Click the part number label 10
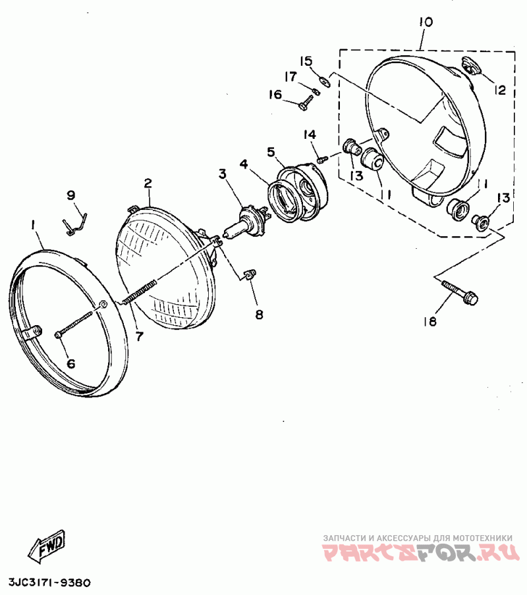click(425, 22)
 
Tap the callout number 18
click(430, 321)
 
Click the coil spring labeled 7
click(140, 292)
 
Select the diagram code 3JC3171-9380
click(50, 583)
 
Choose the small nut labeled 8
click(250, 274)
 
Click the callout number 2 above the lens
click(148, 182)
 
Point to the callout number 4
click(244, 163)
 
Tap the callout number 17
click(289, 76)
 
